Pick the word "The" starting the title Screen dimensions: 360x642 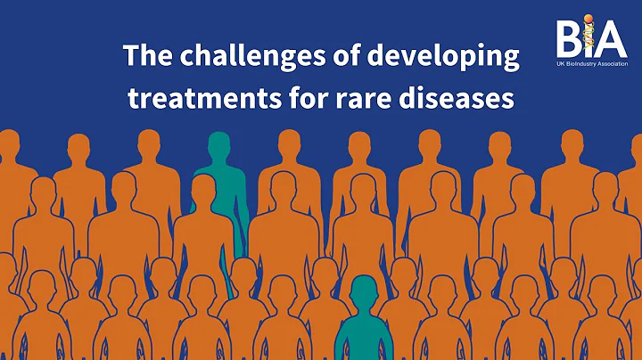(143, 55)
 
